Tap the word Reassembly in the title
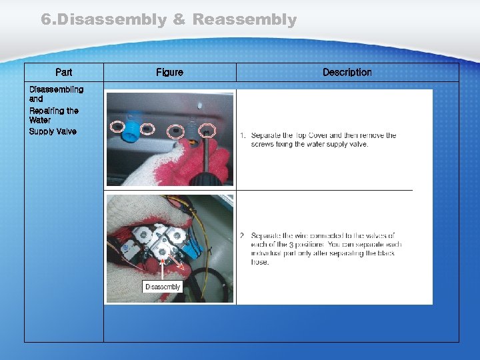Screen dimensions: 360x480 tap(244, 20)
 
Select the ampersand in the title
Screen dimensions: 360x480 tap(179, 20)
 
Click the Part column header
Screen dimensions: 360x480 tap(64, 72)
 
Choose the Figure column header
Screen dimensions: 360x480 tap(169, 72)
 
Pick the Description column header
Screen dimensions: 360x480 tap(347, 72)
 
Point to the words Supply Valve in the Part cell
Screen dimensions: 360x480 tap(53, 131)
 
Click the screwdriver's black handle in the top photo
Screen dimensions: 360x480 tap(203, 177)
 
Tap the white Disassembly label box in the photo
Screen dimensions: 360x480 tap(163, 287)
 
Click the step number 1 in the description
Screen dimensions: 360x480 tap(243, 135)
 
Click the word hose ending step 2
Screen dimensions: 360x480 tap(260, 262)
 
